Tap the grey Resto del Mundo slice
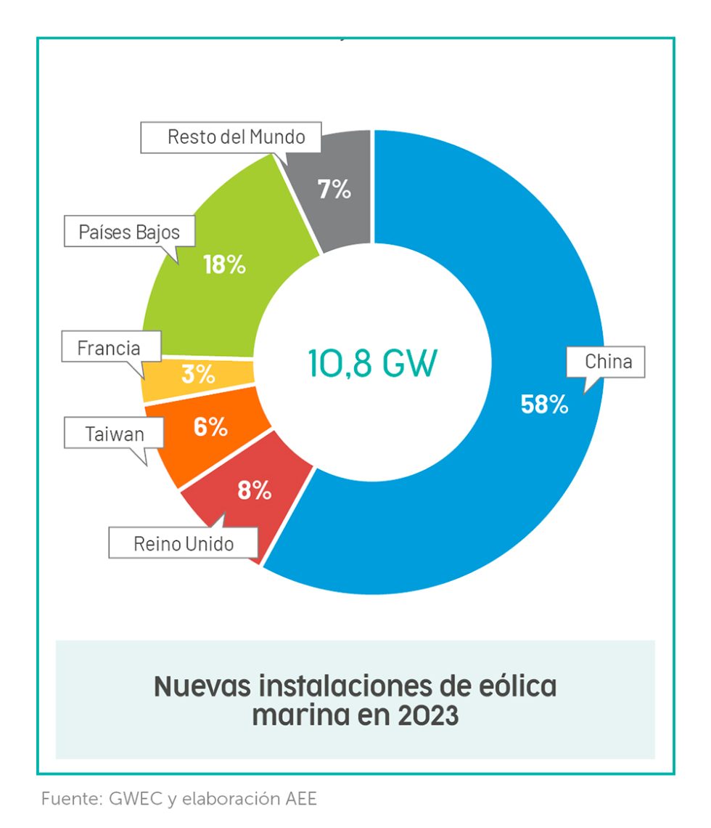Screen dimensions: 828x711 tap(341, 218)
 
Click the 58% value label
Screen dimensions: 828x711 tap(544, 405)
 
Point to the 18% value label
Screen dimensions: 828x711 tap(224, 265)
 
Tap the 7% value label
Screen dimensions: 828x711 tap(334, 190)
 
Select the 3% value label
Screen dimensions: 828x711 tap(198, 375)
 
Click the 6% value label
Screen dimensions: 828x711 tap(210, 427)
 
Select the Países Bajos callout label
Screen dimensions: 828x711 tap(128, 232)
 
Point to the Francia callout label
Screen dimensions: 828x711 tap(109, 348)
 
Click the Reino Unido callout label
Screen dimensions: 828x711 tap(184, 543)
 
